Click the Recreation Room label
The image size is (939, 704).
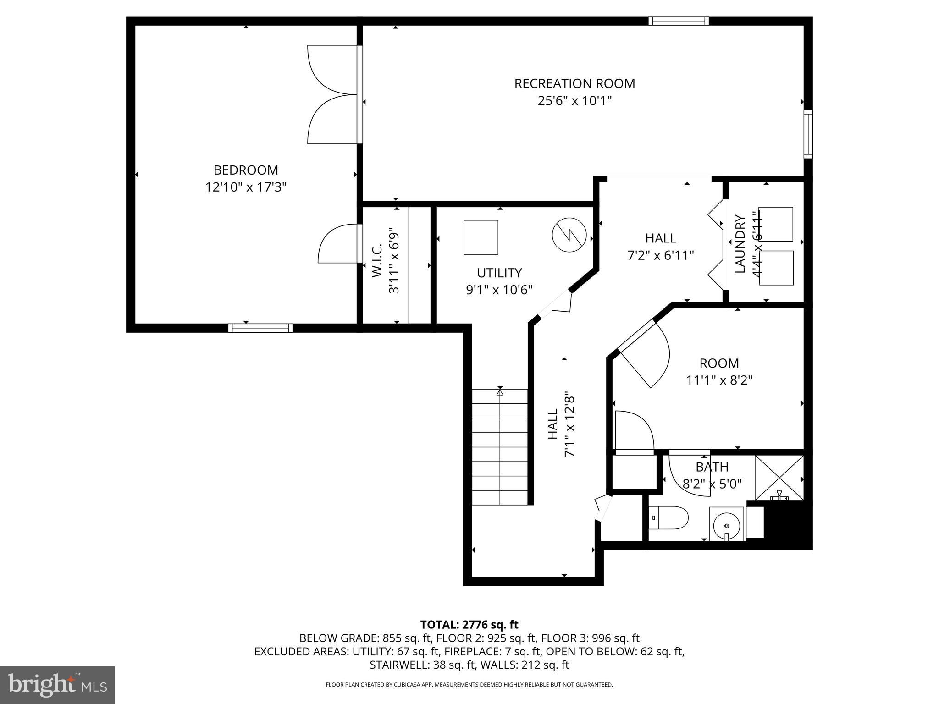point(574,84)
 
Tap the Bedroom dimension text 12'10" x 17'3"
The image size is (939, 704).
point(246,187)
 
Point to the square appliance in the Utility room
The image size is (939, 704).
point(481,237)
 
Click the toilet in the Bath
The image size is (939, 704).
point(669,518)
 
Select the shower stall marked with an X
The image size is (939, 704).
point(779,477)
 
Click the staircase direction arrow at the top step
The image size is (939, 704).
point(500,392)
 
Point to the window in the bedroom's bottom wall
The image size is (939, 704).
point(260,328)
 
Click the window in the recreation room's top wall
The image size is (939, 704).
point(679,21)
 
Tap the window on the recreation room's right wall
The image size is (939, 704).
point(808,134)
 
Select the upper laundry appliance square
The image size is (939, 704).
point(776,224)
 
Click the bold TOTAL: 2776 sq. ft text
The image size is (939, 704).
point(469,625)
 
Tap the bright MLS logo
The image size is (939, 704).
point(57,685)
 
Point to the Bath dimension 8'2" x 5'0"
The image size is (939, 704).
point(712,484)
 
